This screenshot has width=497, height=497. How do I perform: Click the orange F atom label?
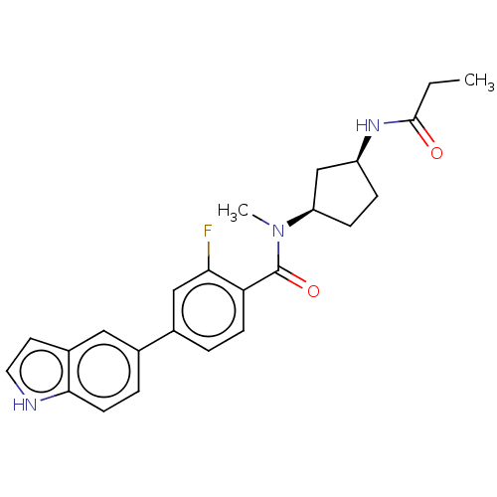click(208, 231)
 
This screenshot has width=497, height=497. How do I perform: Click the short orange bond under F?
click(208, 248)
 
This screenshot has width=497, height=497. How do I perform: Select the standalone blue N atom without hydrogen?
click(278, 232)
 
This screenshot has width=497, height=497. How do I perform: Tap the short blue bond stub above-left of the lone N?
click(265, 224)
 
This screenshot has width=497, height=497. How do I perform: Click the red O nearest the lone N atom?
click(314, 291)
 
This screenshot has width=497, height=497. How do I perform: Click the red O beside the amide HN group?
click(436, 153)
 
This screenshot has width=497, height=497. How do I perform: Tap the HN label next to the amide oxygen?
click(369, 125)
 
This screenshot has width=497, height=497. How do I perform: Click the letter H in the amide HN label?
click(362, 125)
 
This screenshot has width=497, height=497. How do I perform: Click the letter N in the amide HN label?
click(375, 125)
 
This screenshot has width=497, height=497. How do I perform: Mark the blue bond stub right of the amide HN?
click(392, 123)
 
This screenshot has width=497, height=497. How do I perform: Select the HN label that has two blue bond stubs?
click(25, 405)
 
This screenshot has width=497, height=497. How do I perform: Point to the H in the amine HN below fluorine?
click(18, 405)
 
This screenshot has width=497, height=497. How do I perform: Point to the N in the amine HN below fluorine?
click(31, 405)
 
